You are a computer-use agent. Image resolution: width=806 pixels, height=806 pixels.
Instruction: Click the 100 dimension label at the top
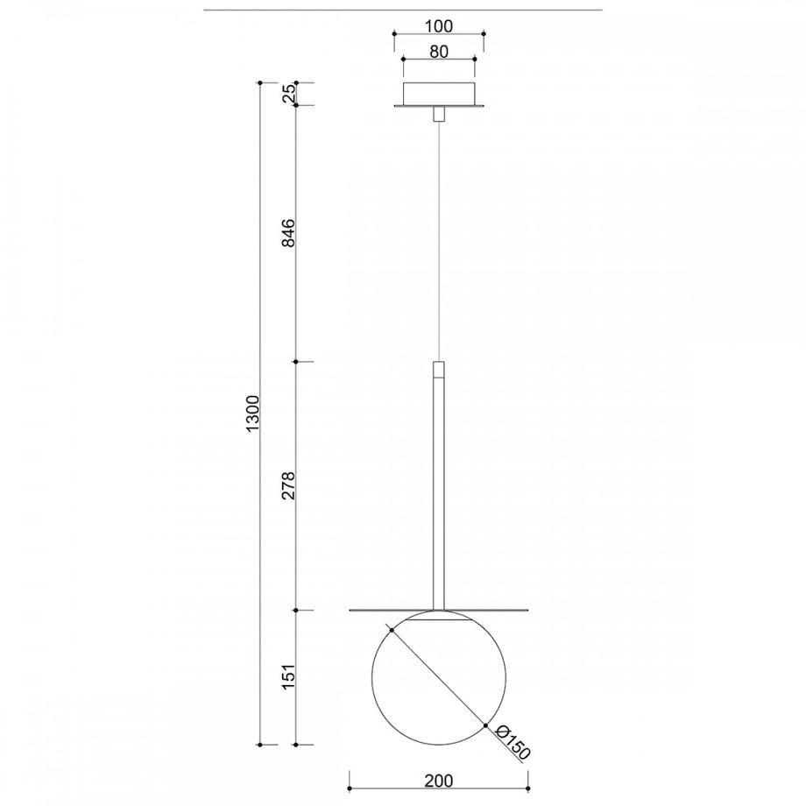440,25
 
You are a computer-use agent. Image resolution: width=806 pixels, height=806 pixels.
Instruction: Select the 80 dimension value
438,52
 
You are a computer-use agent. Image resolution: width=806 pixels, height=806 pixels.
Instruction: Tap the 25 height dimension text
289,93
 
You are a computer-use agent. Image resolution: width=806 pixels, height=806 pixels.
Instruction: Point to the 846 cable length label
289,232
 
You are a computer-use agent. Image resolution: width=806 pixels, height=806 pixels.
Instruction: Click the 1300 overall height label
253,414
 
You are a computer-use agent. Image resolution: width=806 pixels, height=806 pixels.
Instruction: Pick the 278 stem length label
289,485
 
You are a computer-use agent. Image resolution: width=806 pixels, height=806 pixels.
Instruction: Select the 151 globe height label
289,676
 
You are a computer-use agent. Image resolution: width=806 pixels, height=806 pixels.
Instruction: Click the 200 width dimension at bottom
438,781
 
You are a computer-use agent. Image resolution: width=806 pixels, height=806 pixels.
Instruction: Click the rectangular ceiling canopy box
439,93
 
